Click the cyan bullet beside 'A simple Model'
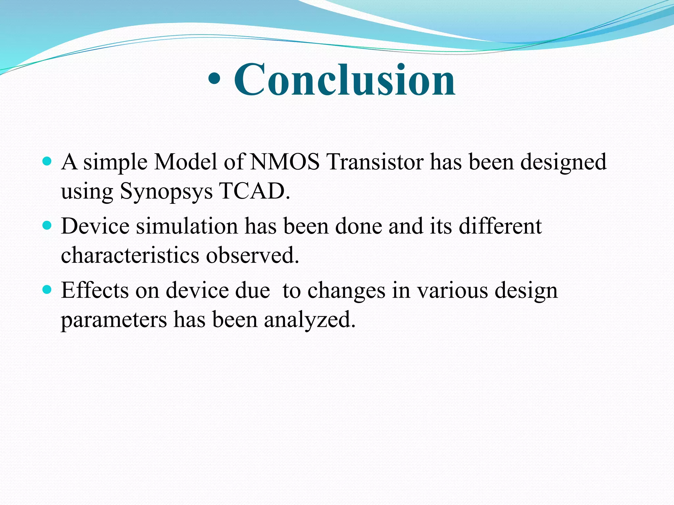coord(47,161)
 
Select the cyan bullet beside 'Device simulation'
coord(47,225)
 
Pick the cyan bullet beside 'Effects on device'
coord(47,289)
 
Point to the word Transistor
coord(376,162)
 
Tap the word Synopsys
coord(166,191)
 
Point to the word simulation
coord(187,226)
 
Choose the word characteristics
coord(130,255)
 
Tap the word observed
coord(252,255)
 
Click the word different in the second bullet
coord(500,226)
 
